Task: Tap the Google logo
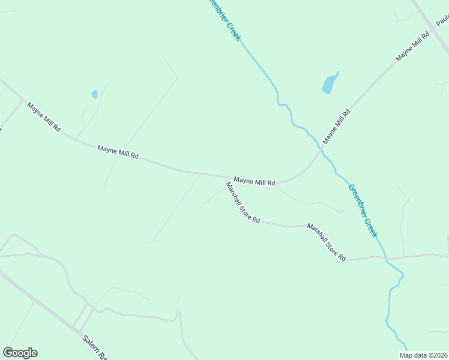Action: click(20, 353)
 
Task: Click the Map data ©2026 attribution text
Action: click(423, 355)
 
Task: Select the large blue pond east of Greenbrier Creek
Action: click(330, 83)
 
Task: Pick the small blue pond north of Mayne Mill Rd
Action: click(94, 94)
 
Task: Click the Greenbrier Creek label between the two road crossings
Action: click(363, 211)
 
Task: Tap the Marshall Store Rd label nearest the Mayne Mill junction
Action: click(243, 203)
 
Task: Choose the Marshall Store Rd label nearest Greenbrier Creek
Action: click(327, 242)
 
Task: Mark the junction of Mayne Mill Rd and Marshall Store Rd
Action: click(226, 177)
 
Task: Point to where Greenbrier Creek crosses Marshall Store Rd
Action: click(386, 259)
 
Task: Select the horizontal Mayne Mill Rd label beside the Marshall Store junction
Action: click(255, 181)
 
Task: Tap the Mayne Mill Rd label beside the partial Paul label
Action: click(413, 47)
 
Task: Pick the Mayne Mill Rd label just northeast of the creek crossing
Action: click(336, 126)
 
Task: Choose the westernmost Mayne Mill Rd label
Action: click(44, 116)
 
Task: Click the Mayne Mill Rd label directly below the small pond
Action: click(118, 151)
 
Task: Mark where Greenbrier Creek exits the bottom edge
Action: click(406, 350)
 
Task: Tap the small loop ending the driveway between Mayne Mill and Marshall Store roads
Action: click(340, 211)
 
